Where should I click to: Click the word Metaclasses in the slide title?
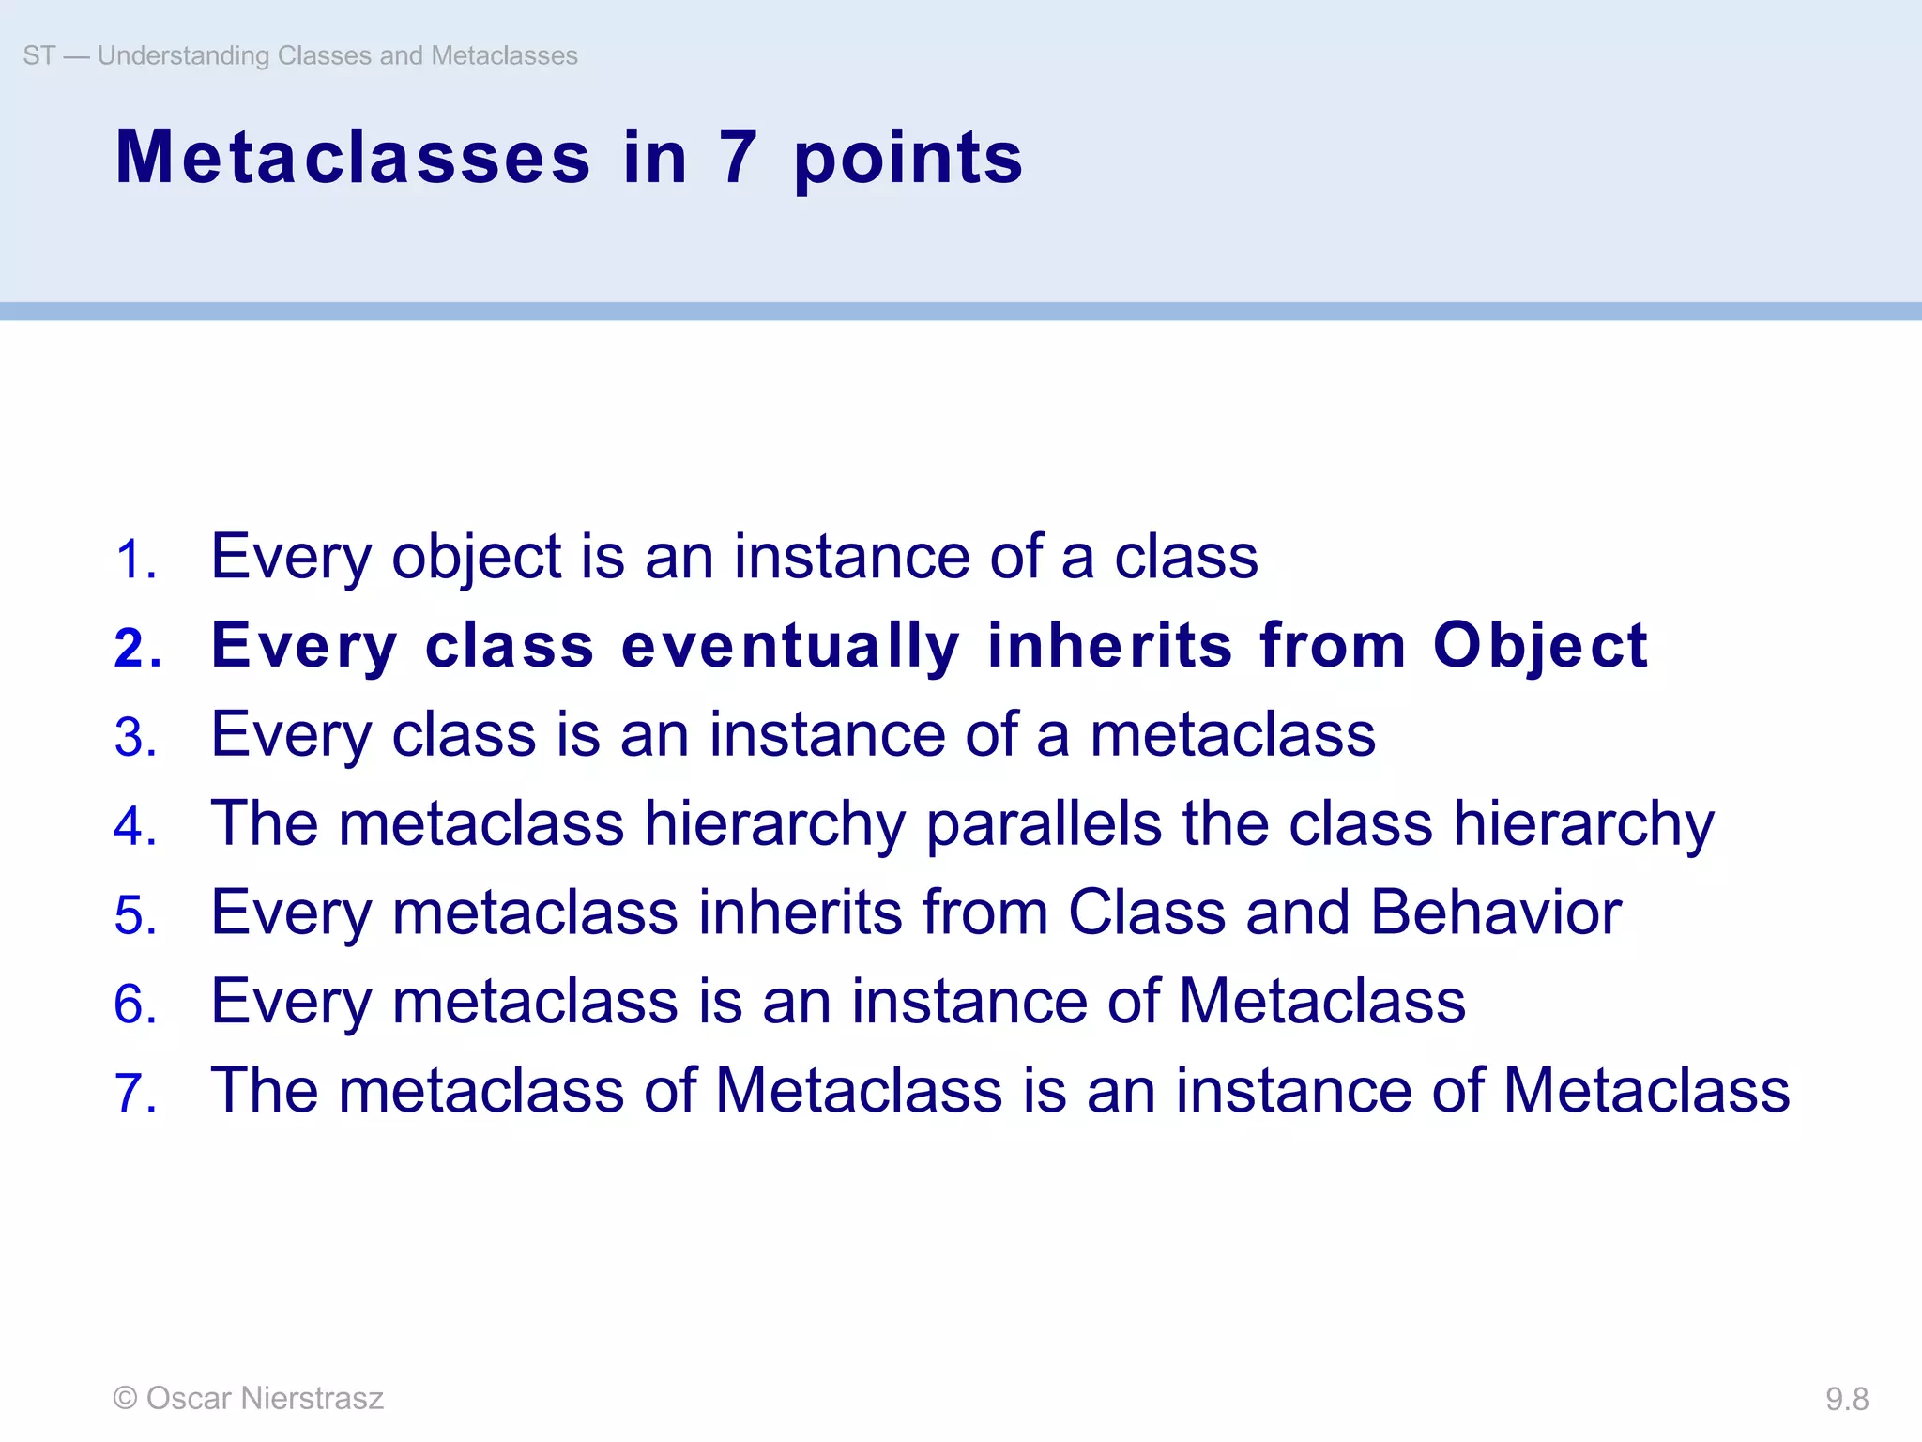point(353,158)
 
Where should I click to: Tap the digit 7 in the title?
point(738,158)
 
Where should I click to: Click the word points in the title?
point(908,160)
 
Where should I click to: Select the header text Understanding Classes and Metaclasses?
point(337,55)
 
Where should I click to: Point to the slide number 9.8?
point(1846,1399)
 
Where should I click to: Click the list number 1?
point(135,560)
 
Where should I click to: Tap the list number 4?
point(135,827)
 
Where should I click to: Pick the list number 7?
point(135,1094)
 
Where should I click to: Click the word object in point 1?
point(476,558)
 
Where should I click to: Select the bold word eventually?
point(790,646)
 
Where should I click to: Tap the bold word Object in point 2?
point(1540,646)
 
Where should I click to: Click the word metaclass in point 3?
point(1232,734)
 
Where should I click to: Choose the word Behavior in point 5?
point(1496,913)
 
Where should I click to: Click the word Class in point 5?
point(1147,913)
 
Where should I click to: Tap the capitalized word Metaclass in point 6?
point(1321,1002)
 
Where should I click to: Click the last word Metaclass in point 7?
point(1646,1091)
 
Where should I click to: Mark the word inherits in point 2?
point(1110,646)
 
